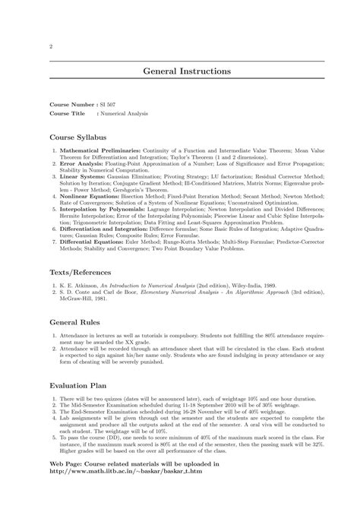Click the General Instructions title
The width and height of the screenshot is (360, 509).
coord(187,71)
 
